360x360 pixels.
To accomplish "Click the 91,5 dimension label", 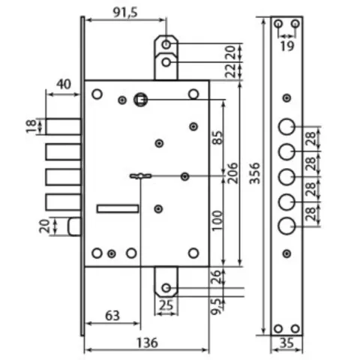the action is pos(125,13).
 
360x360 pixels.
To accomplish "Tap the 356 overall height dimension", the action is pos(255,173).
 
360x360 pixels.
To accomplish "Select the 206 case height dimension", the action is pos(232,173).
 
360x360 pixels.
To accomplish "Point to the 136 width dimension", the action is pos(147,343).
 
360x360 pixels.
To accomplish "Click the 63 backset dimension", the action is pos(112,316).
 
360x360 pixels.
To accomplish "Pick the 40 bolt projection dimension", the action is pos(64,84).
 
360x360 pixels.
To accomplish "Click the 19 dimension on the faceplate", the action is pos(287,46).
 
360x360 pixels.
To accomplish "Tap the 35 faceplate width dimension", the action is pos(286,343).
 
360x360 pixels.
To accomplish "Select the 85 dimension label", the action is pos(217,137).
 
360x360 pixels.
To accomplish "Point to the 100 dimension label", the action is pos(216,220).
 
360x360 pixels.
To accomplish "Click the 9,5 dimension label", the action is pos(216,305).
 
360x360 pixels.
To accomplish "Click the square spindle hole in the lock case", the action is pos(140,100).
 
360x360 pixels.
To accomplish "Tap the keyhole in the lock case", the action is pos(140,176).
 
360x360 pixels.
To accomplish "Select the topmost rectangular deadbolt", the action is pos(63,127).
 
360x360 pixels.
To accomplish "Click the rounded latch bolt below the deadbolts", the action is pos(74,226).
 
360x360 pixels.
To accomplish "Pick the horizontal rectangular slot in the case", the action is pos(118,208).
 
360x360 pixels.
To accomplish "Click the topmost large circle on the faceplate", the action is pos(286,127).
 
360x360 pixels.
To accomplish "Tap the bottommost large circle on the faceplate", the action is pos(286,226).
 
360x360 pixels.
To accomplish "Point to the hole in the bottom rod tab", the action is pos(166,288).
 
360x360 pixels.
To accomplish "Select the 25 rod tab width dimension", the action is pos(166,305).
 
